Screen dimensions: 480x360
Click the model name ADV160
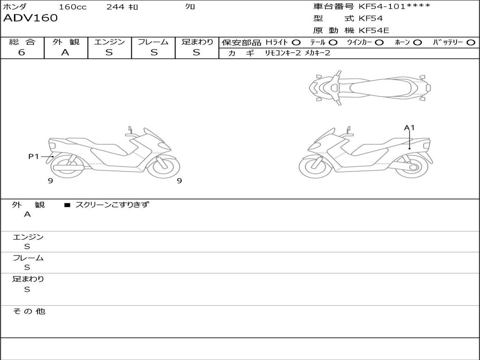point(30,18)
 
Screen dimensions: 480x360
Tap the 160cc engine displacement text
point(73,7)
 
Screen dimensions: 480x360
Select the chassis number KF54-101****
point(394,6)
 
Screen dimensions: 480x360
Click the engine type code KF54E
point(374,30)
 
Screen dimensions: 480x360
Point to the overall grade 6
point(22,52)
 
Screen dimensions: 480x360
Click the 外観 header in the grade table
point(66,42)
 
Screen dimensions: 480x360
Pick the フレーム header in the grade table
point(153,42)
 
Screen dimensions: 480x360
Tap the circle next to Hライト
point(296,43)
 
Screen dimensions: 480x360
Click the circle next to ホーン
point(417,43)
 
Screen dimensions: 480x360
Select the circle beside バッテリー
point(471,43)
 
